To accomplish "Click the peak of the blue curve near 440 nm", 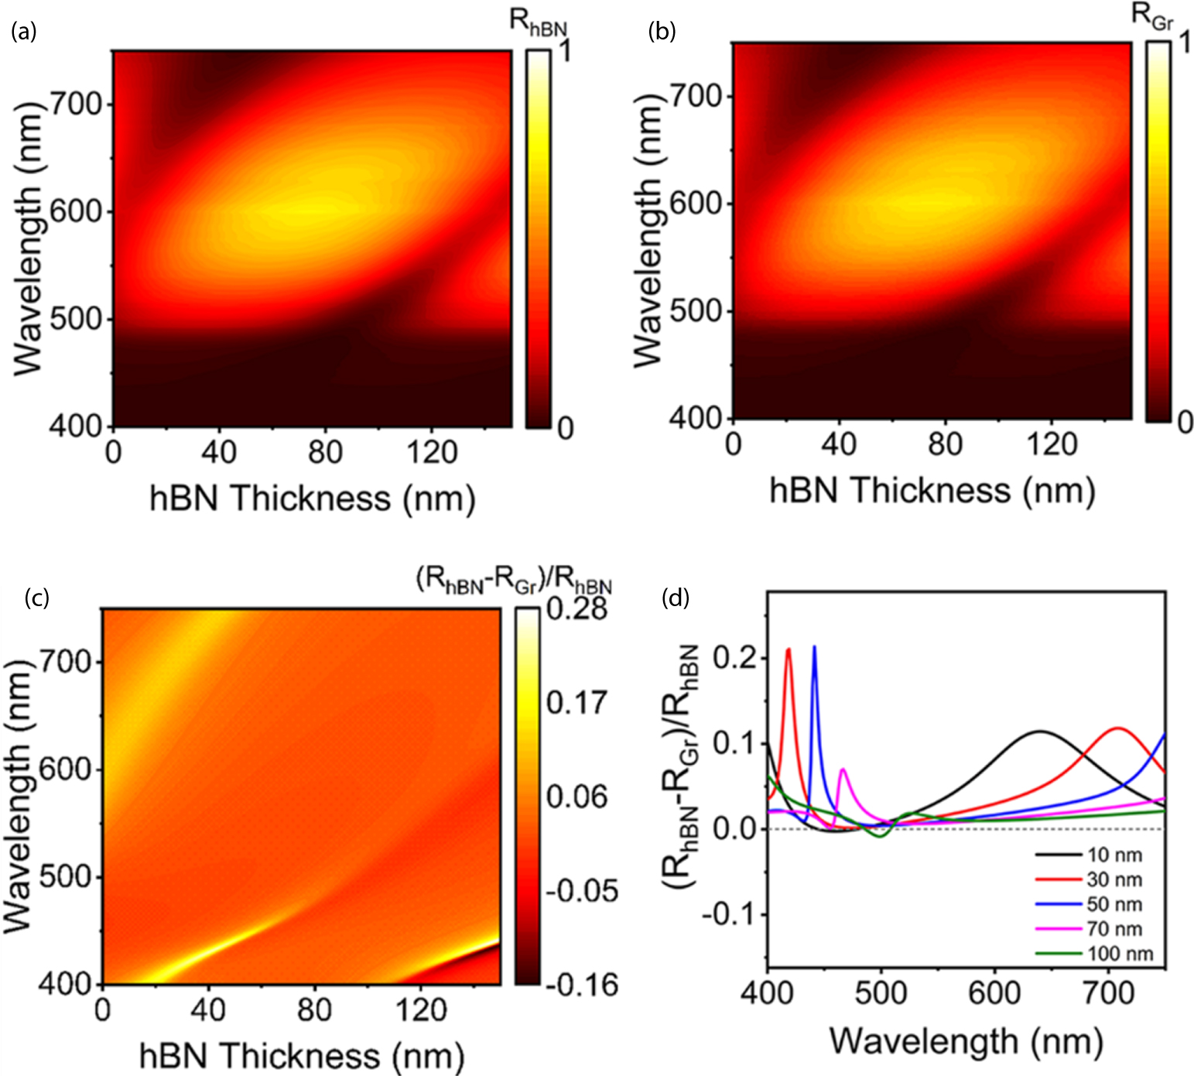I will pyautogui.click(x=814, y=646).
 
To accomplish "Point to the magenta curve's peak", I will pyautogui.click(x=843, y=769).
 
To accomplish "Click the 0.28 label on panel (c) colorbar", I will pyautogui.click(x=576, y=609).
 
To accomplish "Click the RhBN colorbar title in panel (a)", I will pyautogui.click(x=538, y=23).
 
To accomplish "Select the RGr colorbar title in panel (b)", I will pyautogui.click(x=1152, y=19).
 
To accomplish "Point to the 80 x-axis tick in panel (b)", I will pyautogui.click(x=945, y=444).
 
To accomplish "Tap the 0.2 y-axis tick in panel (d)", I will pyautogui.click(x=735, y=659).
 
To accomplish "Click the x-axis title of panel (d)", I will pyautogui.click(x=965, y=1041).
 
